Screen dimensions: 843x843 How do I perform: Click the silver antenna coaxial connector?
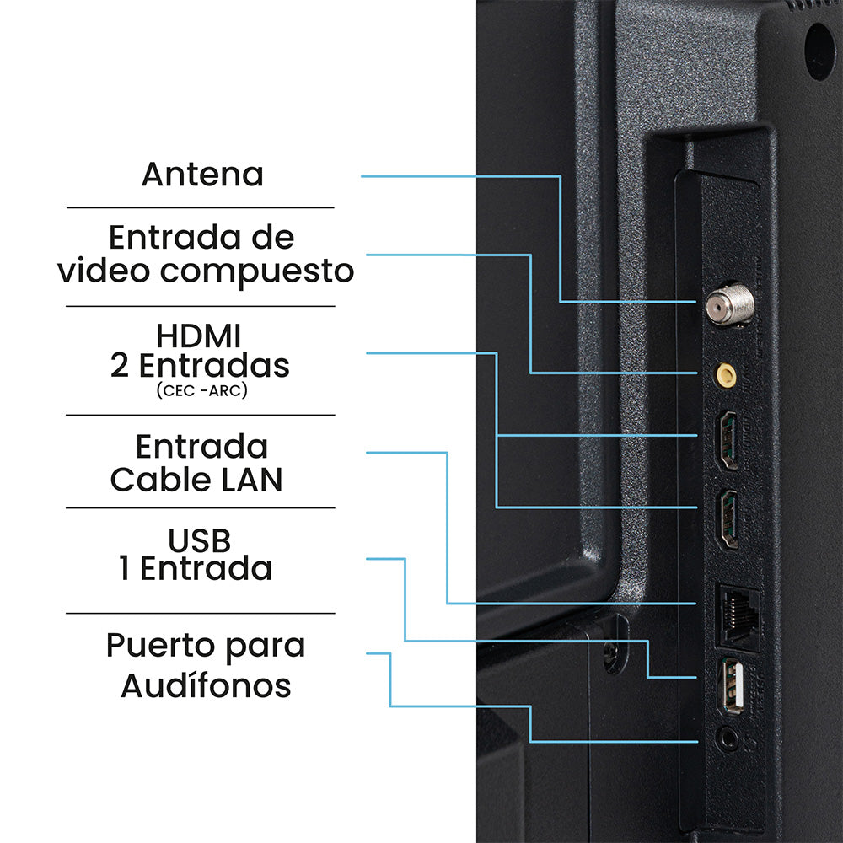pyautogui.click(x=729, y=303)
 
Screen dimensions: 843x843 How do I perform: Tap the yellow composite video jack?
pyautogui.click(x=726, y=375)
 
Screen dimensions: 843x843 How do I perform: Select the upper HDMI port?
pyautogui.click(x=728, y=441)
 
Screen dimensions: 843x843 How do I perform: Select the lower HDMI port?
pyautogui.click(x=728, y=519)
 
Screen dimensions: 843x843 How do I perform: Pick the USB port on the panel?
pyautogui.click(x=733, y=686)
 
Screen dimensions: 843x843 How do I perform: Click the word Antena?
pyautogui.click(x=202, y=175)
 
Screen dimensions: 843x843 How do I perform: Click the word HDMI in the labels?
pyautogui.click(x=198, y=336)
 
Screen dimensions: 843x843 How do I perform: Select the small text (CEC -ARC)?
pyautogui.click(x=202, y=389)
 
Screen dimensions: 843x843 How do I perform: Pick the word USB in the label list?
pyautogui.click(x=200, y=541)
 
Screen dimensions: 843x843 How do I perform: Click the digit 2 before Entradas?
pyautogui.click(x=120, y=366)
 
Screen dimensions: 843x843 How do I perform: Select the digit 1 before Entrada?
pyautogui.click(x=125, y=569)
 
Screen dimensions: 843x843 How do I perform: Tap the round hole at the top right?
pyautogui.click(x=820, y=51)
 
